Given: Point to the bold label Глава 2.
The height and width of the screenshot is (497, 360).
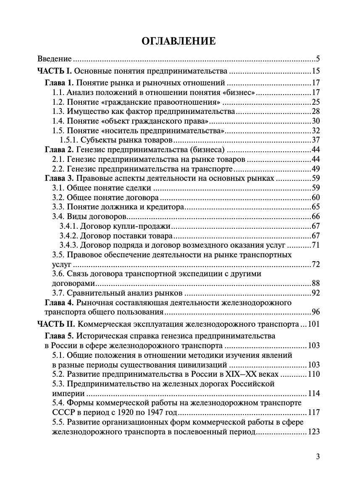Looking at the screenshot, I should point(59,150).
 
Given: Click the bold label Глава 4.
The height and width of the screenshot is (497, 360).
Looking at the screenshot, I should point(59,302).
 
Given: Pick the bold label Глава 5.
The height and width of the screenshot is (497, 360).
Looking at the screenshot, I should point(59,336).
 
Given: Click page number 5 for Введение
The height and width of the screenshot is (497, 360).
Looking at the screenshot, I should point(318,59).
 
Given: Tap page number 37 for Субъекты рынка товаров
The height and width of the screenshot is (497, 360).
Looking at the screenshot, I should point(316,140).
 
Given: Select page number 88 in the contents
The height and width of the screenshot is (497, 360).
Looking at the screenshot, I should point(316,284).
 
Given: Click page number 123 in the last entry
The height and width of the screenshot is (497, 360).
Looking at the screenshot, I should point(314,432).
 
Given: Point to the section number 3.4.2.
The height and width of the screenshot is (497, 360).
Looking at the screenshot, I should point(68,235).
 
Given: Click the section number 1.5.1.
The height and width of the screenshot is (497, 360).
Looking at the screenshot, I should point(68,140).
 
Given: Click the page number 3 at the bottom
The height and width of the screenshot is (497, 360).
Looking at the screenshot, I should point(318,457).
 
